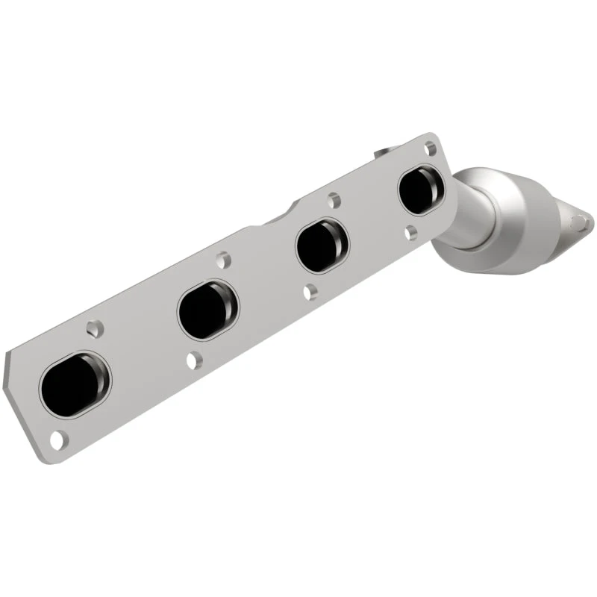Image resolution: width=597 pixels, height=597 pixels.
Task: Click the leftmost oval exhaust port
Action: pyautogui.click(x=74, y=384)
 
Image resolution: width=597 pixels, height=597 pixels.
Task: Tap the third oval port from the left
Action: pyautogui.click(x=322, y=246)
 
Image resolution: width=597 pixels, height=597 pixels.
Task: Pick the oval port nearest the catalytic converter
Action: pyautogui.click(x=421, y=190)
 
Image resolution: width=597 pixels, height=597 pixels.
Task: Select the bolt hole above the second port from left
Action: pyautogui.click(x=222, y=260)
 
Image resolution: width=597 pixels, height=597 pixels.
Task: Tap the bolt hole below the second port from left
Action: pyautogui.click(x=193, y=360)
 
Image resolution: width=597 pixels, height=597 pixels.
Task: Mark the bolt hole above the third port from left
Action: pyautogui.click(x=334, y=200)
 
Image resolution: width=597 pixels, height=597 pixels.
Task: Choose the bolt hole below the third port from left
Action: pyautogui.click(x=310, y=293)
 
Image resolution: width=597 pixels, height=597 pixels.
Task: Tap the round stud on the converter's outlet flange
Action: pyautogui.click(x=578, y=221)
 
